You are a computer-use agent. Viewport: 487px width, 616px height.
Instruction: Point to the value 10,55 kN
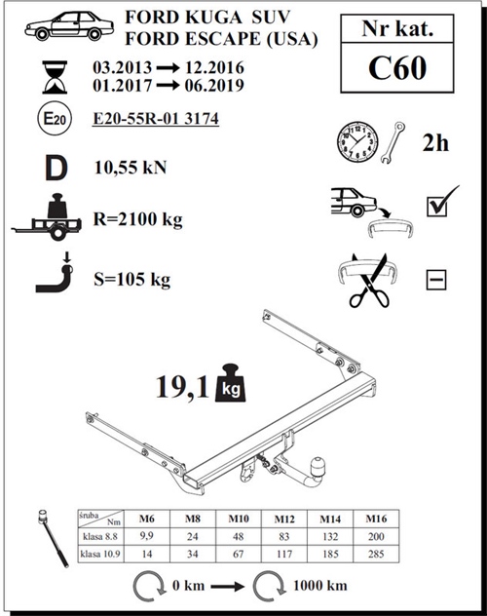[x=131, y=167]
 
